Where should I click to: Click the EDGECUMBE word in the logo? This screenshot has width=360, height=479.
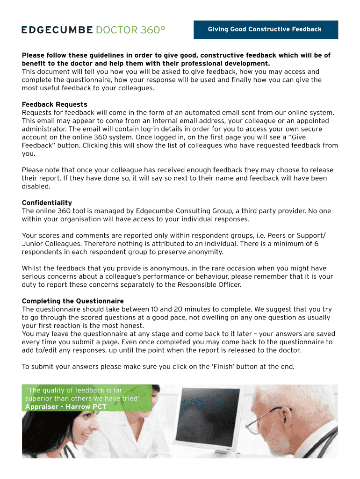click(57, 30)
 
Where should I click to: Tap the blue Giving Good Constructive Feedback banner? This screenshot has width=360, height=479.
click(265, 29)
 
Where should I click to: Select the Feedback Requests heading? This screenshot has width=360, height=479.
click(54, 104)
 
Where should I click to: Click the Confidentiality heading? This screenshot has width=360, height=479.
click(47, 203)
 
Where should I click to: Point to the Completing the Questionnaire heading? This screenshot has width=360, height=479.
click(72, 301)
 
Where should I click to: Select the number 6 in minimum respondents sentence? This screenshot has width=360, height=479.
click(317, 244)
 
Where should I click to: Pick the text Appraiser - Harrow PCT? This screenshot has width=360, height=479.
click(65, 406)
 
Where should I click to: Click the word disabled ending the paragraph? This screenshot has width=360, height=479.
click(36, 186)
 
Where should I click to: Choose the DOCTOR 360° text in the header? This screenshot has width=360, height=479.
click(130, 30)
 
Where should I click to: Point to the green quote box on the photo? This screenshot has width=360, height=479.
click(87, 398)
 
